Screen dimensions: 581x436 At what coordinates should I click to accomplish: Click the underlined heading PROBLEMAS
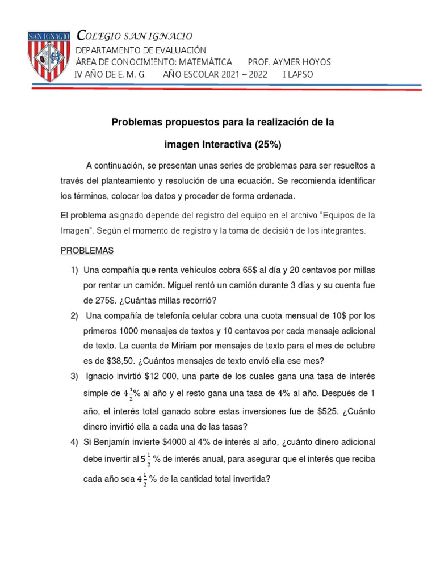(x=87, y=250)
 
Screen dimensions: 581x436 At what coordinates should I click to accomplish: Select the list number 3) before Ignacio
(x=74, y=377)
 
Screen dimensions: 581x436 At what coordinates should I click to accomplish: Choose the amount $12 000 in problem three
(x=162, y=377)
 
